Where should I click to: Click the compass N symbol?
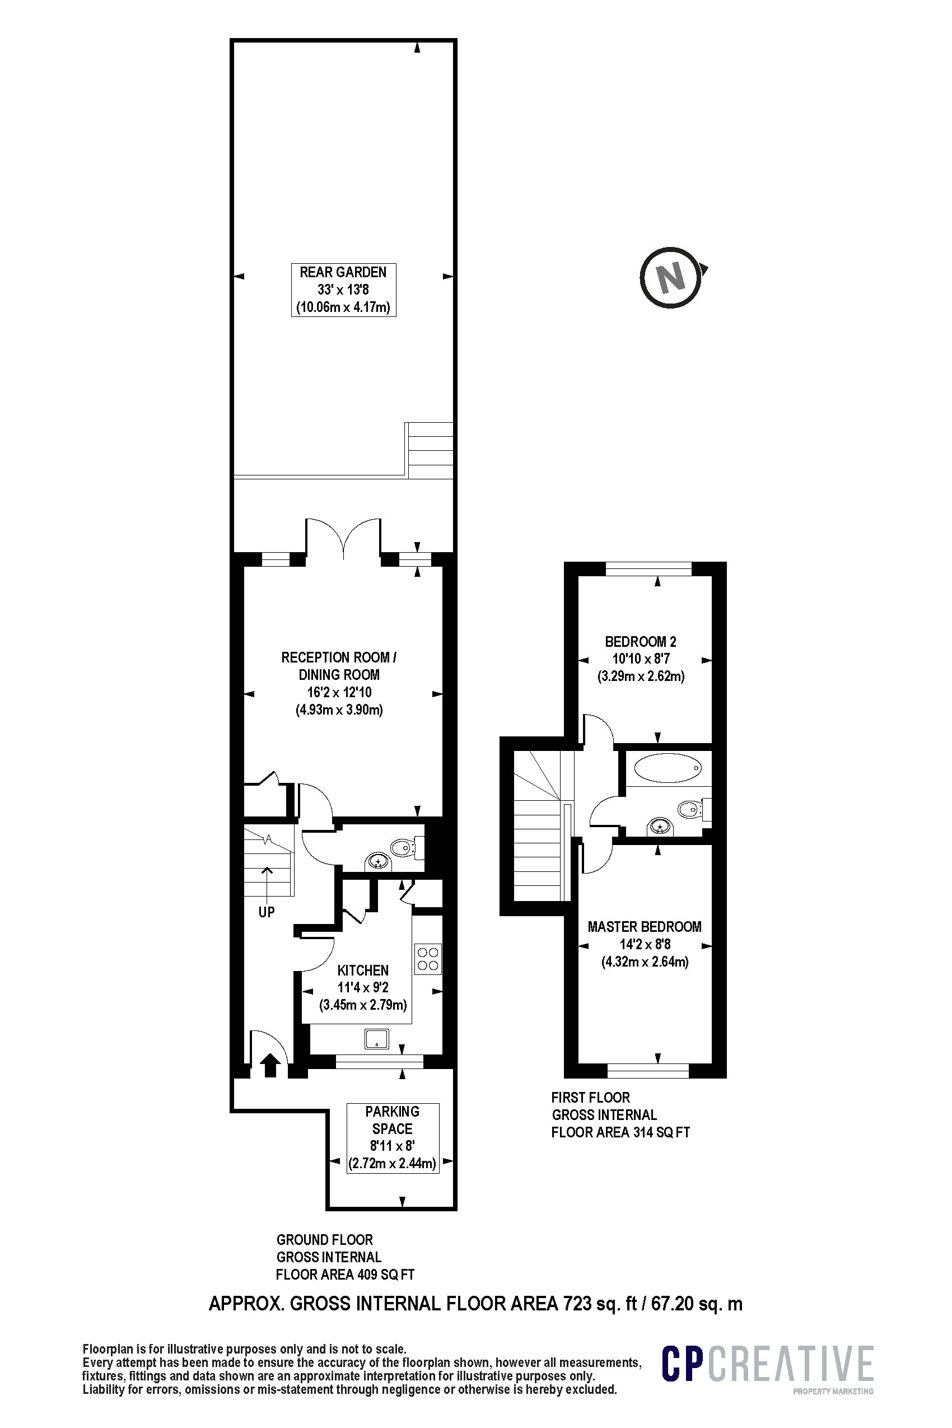click(671, 277)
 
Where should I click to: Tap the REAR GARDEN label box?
click(343, 290)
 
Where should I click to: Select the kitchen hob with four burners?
click(427, 959)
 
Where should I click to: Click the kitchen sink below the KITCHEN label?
click(376, 1038)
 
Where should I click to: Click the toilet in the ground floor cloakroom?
click(403, 847)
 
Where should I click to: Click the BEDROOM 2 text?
click(641, 642)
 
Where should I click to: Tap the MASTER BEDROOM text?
click(644, 926)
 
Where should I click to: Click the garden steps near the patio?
click(431, 450)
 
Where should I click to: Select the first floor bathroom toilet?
click(691, 809)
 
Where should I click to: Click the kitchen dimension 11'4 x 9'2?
click(363, 987)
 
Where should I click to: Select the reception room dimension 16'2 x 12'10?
click(339, 692)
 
